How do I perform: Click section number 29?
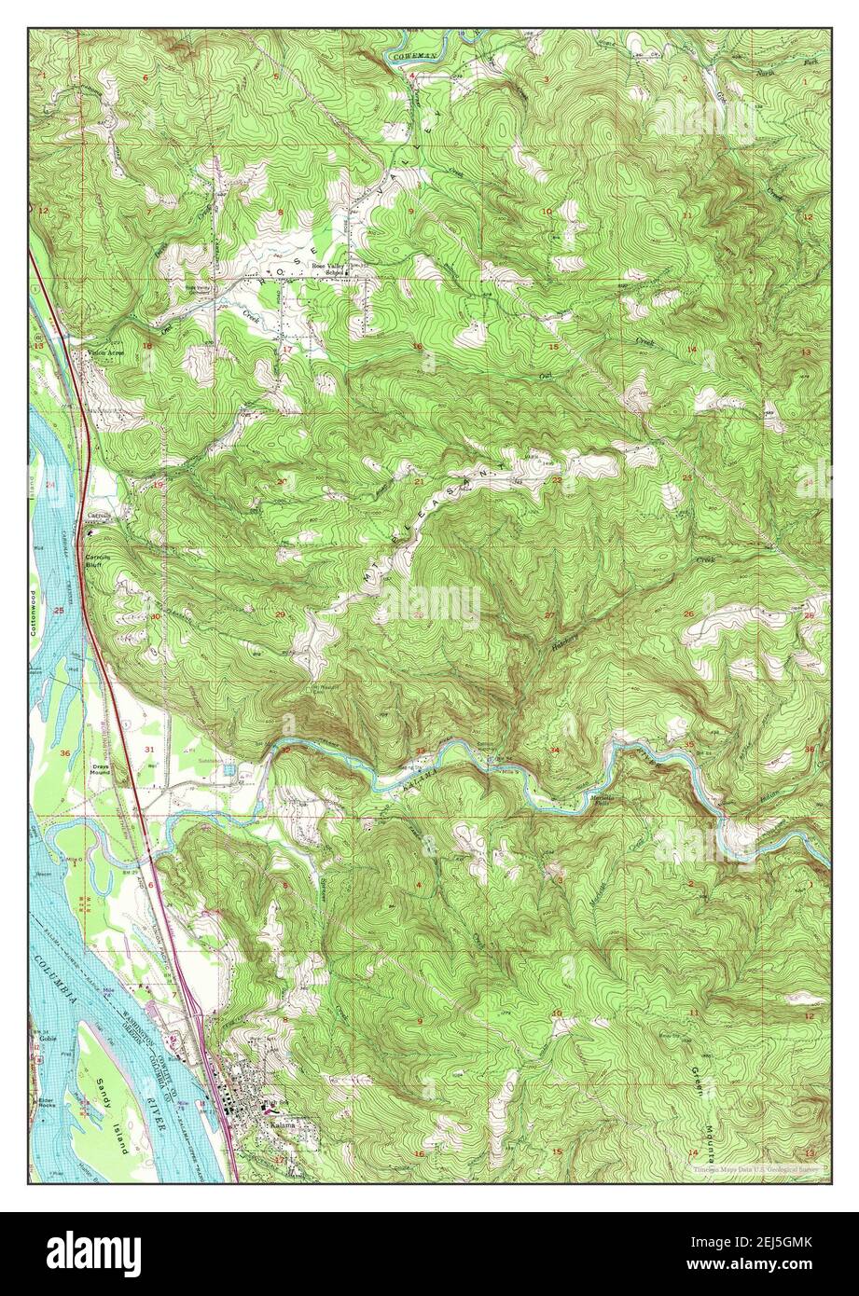(x=280, y=614)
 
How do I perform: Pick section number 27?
(x=549, y=614)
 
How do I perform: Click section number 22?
(x=556, y=479)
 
